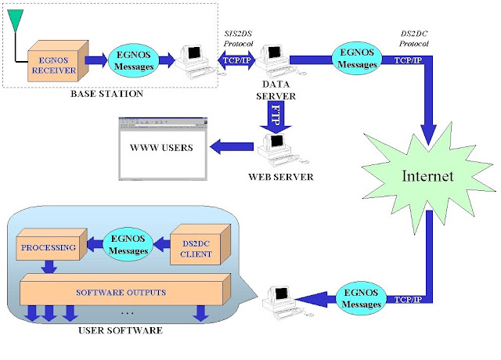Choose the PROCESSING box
click(x=49, y=250)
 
